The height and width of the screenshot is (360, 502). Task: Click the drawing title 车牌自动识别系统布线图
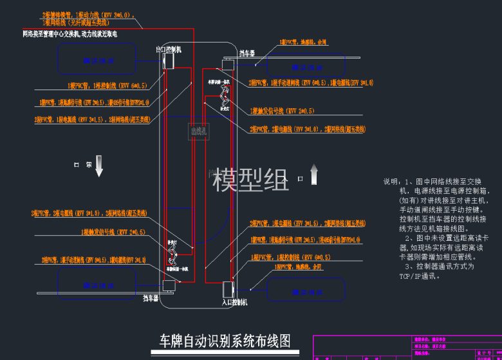225,340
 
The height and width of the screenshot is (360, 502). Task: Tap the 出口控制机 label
169,49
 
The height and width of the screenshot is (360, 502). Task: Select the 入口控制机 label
234,301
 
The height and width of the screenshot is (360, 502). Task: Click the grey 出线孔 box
198,131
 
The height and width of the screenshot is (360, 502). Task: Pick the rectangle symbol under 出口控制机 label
169,61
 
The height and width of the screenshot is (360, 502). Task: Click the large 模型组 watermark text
251,180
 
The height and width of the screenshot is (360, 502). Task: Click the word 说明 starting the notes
391,182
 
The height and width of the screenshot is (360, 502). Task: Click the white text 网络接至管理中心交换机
51,33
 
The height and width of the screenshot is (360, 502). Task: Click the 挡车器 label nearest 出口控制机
248,53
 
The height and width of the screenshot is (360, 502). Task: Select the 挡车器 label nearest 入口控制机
151,298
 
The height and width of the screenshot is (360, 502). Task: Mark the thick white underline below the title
225,352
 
